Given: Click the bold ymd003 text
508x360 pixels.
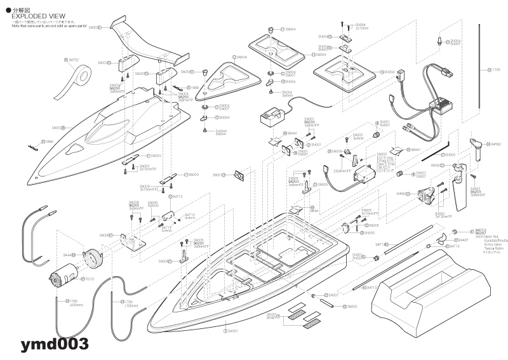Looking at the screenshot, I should pyautogui.click(x=54, y=344).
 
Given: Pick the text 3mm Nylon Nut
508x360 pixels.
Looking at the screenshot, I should pyautogui.click(x=486, y=237).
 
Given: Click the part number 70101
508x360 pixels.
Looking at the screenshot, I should pyautogui.click(x=72, y=278).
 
